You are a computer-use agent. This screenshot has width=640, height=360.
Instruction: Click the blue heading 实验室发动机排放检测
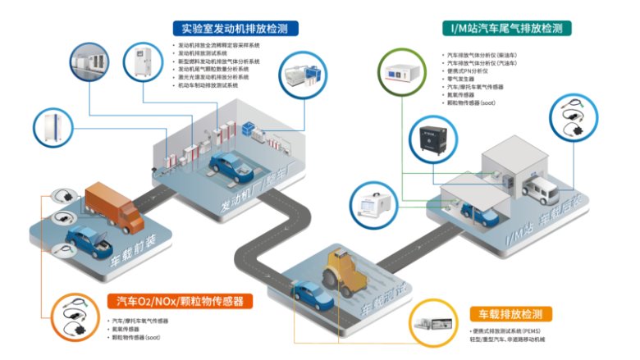point(234,28)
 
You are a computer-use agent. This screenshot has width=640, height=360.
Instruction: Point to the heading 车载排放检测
point(510,314)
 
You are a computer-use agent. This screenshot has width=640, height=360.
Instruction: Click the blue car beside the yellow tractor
point(309,294)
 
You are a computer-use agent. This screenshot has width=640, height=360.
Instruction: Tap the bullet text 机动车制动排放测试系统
point(208,85)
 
